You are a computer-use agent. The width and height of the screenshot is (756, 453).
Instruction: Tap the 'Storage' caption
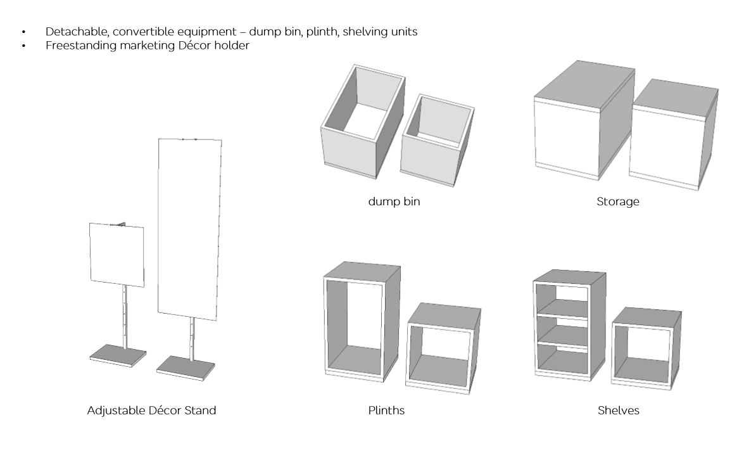[618, 203]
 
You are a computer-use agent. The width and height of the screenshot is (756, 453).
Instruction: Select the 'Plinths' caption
[386, 411]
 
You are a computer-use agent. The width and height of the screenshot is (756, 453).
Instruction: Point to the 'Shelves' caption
[618, 411]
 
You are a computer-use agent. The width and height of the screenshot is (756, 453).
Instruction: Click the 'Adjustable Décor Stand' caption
[151, 411]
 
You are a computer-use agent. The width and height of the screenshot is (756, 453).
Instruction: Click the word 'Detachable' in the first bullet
[70, 32]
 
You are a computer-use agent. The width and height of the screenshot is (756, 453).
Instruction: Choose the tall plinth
[361, 323]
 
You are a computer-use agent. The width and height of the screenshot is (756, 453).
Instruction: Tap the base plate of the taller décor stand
[186, 367]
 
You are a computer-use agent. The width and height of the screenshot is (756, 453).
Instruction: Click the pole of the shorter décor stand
[125, 317]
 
